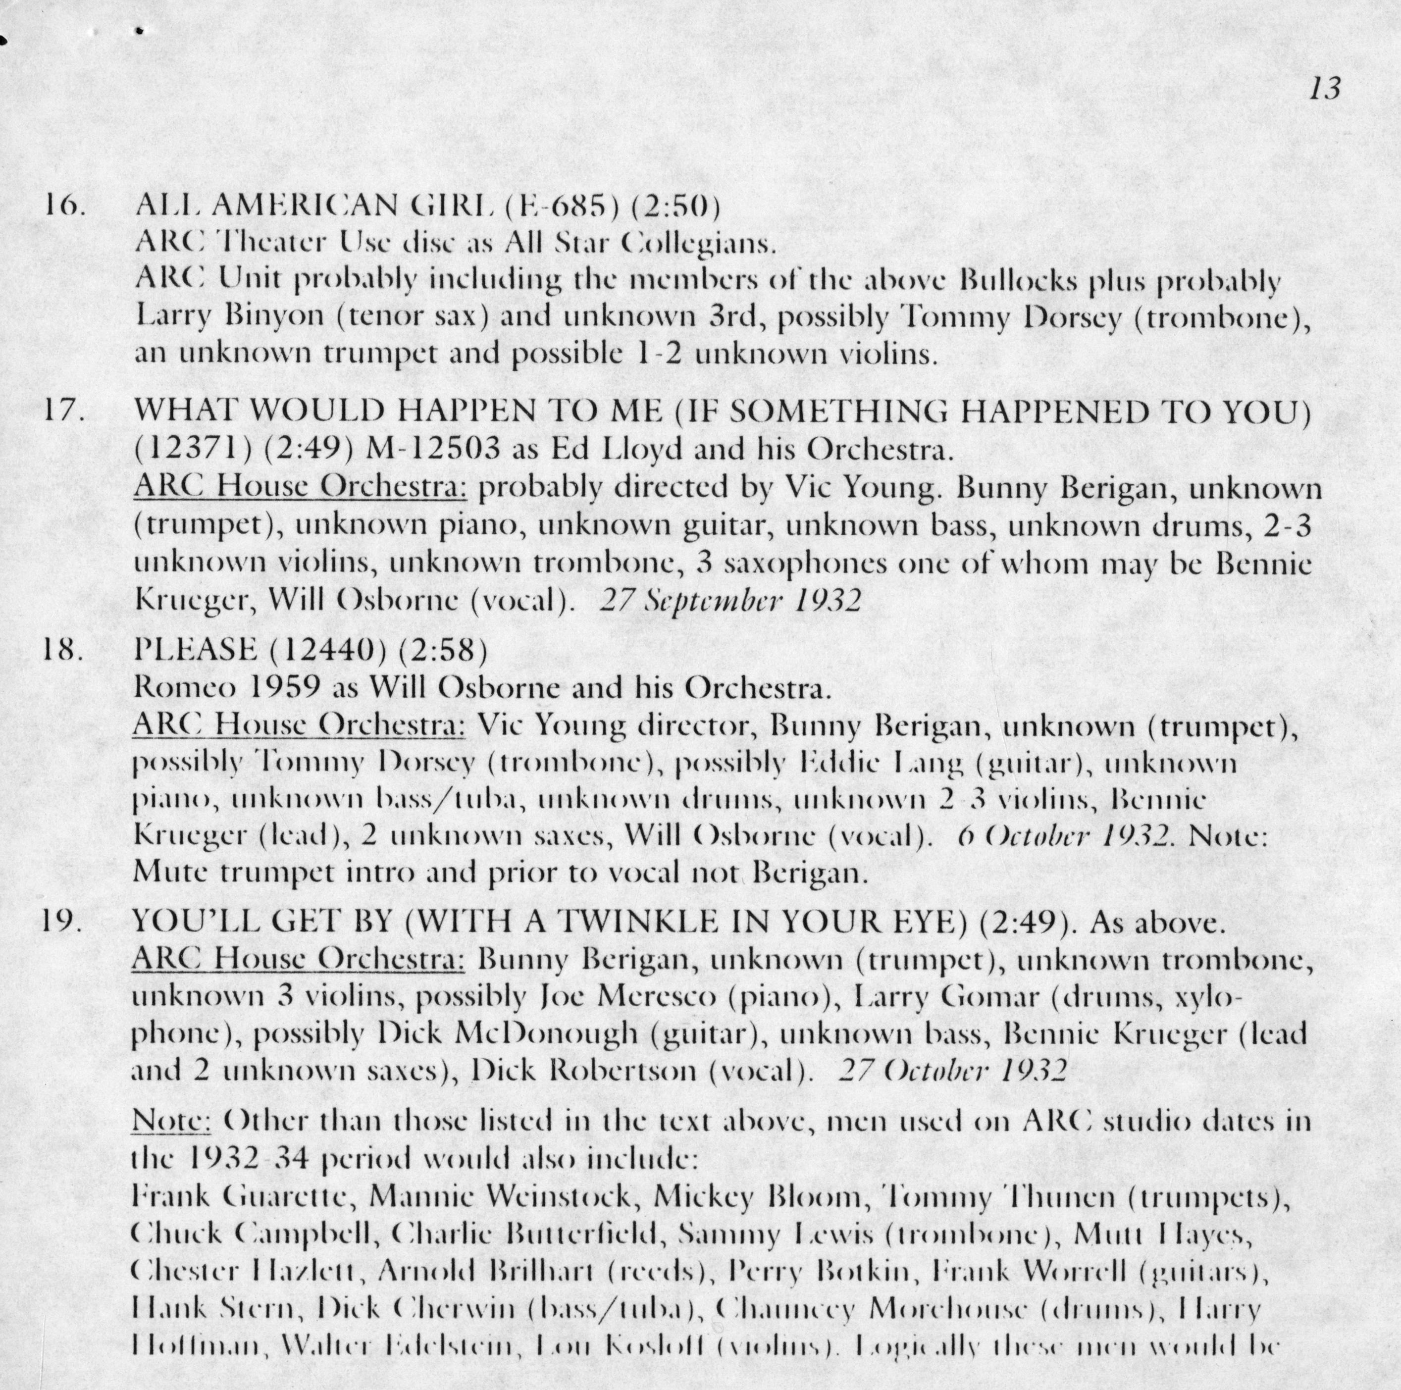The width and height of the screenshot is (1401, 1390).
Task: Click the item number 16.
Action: click(65, 206)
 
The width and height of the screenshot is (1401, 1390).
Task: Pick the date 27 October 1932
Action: click(951, 1072)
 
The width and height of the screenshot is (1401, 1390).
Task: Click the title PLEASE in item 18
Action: click(195, 650)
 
